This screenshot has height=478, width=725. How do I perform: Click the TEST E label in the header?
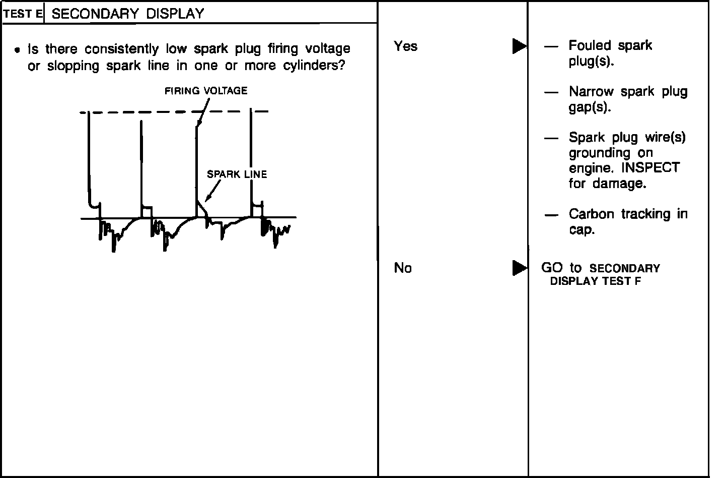pyautogui.click(x=23, y=14)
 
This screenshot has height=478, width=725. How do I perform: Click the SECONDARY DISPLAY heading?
pyautogui.click(x=128, y=14)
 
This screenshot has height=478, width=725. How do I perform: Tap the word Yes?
pyautogui.click(x=405, y=46)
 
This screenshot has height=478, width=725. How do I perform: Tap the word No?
pyautogui.click(x=403, y=268)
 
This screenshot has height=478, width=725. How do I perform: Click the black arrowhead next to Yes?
pyautogui.click(x=519, y=46)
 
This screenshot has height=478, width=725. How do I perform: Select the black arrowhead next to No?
pyautogui.click(x=519, y=268)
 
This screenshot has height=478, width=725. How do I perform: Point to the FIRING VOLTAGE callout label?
pyautogui.click(x=206, y=91)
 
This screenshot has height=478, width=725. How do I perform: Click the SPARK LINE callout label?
pyautogui.click(x=237, y=174)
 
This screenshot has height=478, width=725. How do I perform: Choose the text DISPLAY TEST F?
pyautogui.click(x=595, y=281)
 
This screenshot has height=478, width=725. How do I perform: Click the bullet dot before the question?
pyautogui.click(x=18, y=50)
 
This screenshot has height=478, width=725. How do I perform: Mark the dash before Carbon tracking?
pyautogui.click(x=551, y=215)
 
